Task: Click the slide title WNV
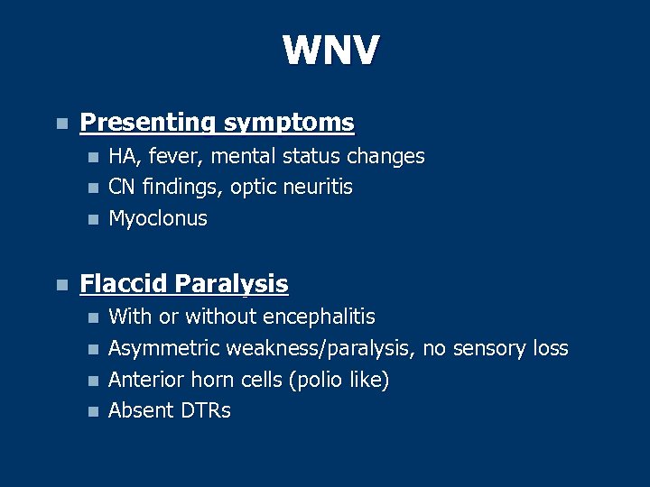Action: click(330, 51)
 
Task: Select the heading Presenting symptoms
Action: click(217, 122)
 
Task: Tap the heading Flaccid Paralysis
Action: click(184, 285)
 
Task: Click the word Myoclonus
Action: click(158, 219)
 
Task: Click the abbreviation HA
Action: click(121, 157)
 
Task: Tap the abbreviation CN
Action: click(121, 188)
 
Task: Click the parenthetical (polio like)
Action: click(339, 381)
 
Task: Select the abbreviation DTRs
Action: click(205, 411)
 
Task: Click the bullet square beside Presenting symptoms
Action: click(60, 124)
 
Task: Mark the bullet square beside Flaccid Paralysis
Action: click(60, 286)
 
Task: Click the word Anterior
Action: click(145, 381)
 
